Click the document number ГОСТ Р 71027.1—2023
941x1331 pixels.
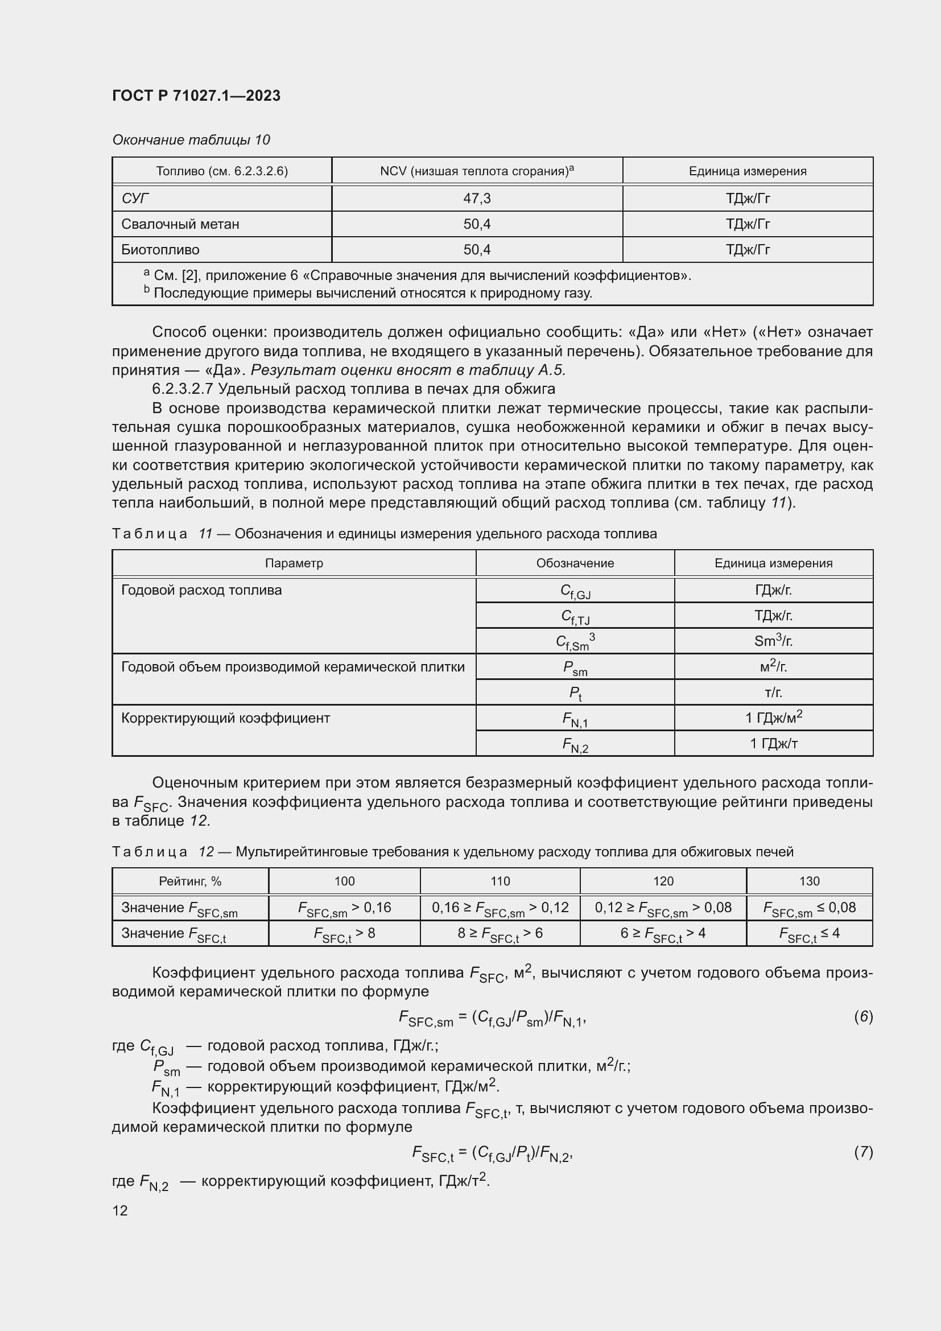[x=196, y=96]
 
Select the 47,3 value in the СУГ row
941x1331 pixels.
[x=476, y=199]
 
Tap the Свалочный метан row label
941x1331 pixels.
[x=180, y=224]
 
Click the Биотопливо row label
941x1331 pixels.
[x=160, y=250]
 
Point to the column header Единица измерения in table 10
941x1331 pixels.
[x=747, y=171]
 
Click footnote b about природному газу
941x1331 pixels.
[x=368, y=293]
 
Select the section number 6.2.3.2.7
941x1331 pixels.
[x=181, y=389]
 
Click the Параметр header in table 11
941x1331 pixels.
[x=294, y=563]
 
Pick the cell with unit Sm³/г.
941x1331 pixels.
[x=773, y=641]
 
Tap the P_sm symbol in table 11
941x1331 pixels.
[x=575, y=668]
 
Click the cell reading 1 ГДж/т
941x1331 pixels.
[x=773, y=744]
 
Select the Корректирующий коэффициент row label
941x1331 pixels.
[x=225, y=718]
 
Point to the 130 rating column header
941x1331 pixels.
[x=809, y=881]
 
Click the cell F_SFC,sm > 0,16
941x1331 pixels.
[x=344, y=908]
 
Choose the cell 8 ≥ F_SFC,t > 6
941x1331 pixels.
[x=500, y=933]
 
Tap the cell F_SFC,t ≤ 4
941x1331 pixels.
[x=809, y=933]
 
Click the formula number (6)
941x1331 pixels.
[x=863, y=1017]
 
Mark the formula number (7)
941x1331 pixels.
[x=863, y=1152]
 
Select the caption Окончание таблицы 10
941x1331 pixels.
[x=191, y=140]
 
